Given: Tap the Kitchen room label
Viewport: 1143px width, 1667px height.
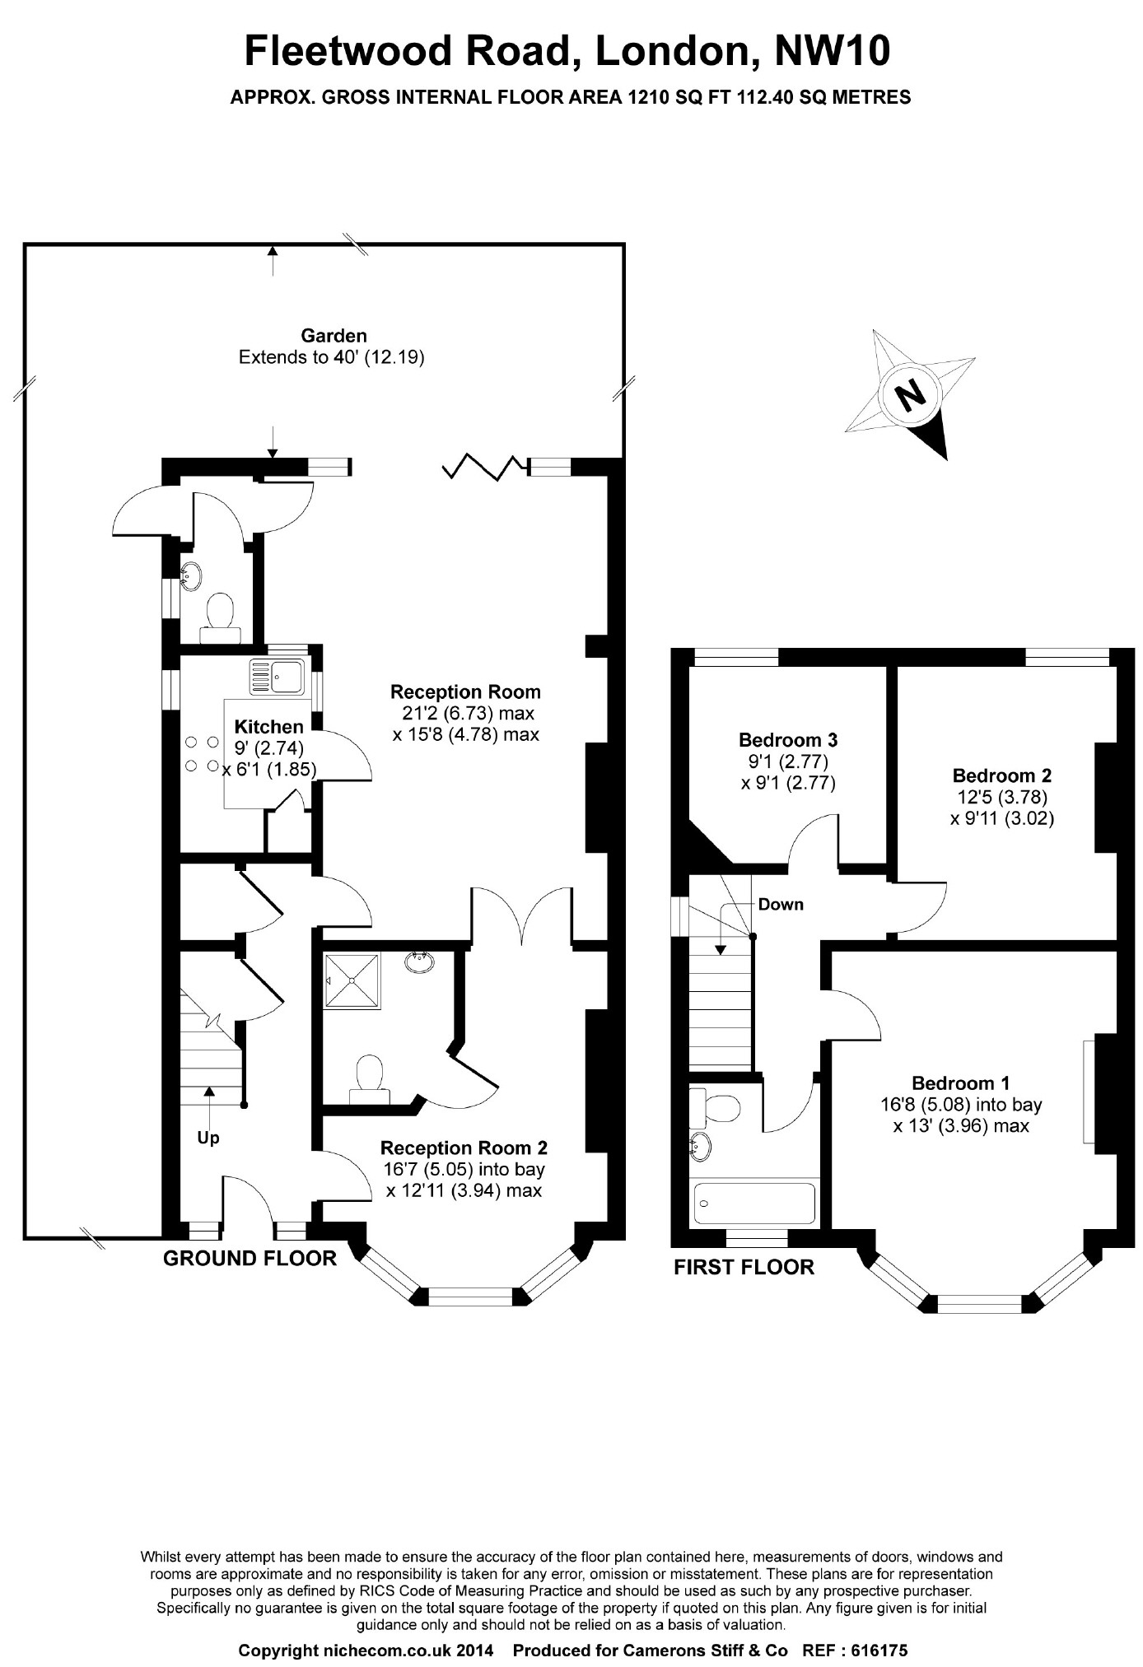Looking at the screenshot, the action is coord(269,726).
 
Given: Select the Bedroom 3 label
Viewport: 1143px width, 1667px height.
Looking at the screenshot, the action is coord(788,739).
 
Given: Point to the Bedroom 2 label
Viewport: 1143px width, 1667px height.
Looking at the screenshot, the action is coord(1001,775).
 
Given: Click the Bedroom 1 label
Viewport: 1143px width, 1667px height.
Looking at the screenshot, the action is coord(960,1083).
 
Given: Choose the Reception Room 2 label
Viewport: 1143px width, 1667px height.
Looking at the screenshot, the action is coord(464,1148).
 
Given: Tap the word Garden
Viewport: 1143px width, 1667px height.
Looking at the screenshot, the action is coord(334,336).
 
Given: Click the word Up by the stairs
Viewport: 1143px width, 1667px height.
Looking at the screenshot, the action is coord(208,1138).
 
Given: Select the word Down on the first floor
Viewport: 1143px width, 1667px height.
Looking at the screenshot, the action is coord(781,904).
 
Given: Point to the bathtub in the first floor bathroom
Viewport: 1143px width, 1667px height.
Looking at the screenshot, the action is coord(754,1203).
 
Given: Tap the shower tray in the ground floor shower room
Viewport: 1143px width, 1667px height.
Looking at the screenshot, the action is coord(352,980).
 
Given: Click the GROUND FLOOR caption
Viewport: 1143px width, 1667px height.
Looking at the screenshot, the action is coord(250,1258).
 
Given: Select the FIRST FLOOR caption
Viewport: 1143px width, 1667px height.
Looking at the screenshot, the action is coord(744,1267).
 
